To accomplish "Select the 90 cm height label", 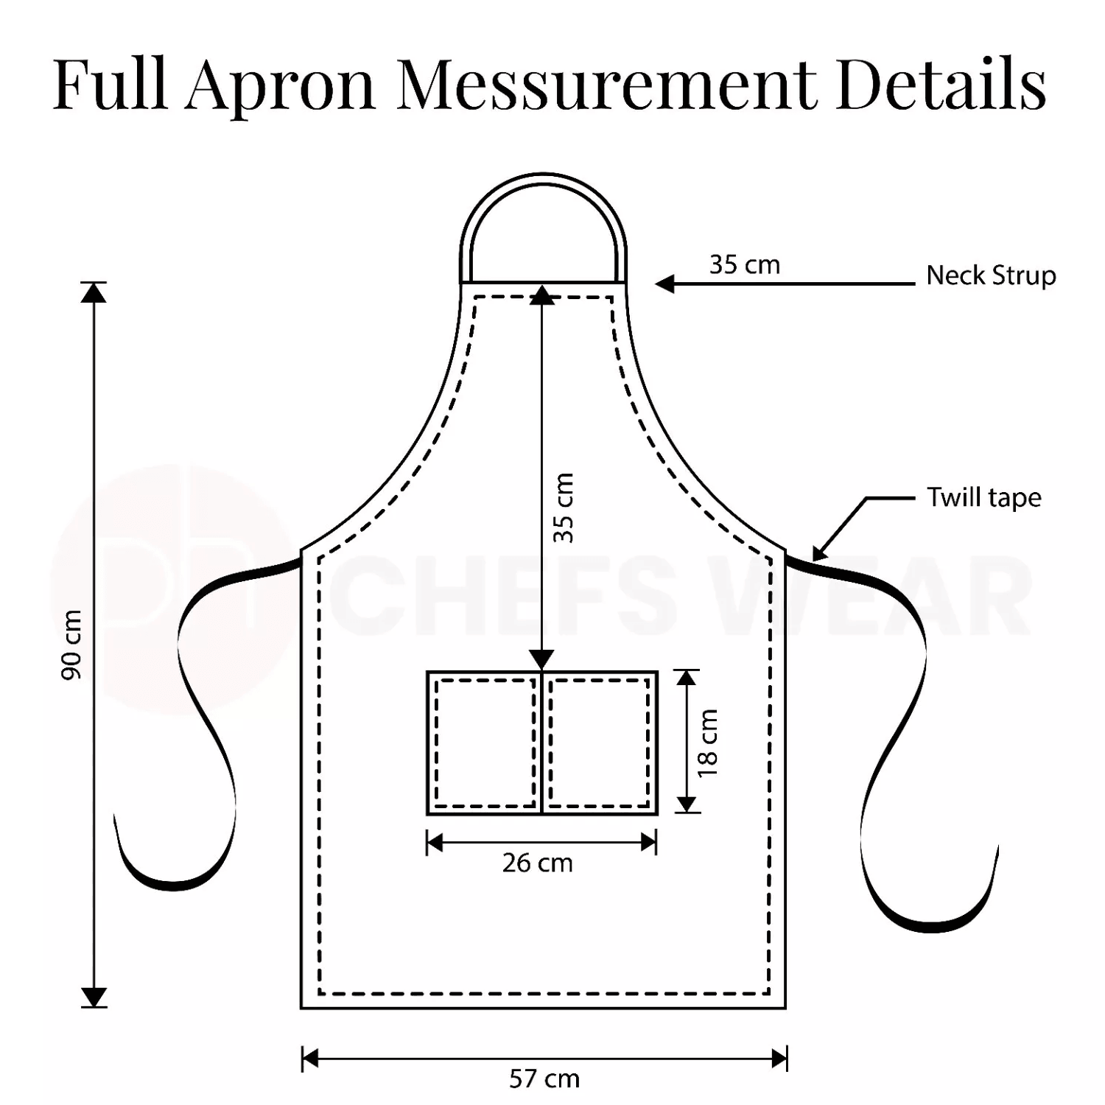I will pyautogui.click(x=71, y=645).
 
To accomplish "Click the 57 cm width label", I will pyautogui.click(x=544, y=1079).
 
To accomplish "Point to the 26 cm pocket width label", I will pyautogui.click(x=538, y=863).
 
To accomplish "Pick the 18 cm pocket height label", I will pyautogui.click(x=708, y=743).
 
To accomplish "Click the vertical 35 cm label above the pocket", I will pyautogui.click(x=564, y=508).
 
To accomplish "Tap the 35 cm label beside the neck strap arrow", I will pyautogui.click(x=744, y=264).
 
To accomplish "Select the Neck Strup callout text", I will pyautogui.click(x=991, y=276).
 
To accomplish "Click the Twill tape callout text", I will pyautogui.click(x=984, y=498).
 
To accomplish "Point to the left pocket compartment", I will pyautogui.click(x=485, y=743).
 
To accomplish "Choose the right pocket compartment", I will pyautogui.click(x=600, y=743).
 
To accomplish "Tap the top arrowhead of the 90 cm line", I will pyautogui.click(x=94, y=292).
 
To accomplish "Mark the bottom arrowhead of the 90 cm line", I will pyautogui.click(x=94, y=997).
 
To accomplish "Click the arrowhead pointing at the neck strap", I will pyautogui.click(x=664, y=284).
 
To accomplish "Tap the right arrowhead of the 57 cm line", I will pyautogui.click(x=779, y=1059).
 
